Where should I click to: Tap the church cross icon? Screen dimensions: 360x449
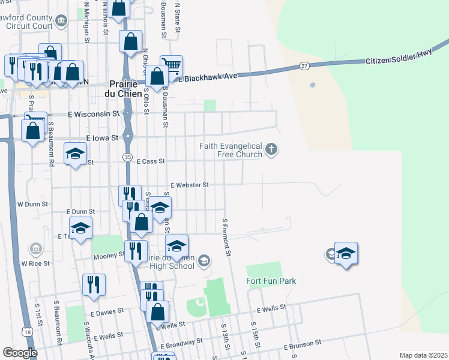click(x=271, y=149)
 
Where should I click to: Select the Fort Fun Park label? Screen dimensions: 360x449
click(x=271, y=281)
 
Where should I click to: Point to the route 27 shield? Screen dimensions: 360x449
click(x=305, y=65)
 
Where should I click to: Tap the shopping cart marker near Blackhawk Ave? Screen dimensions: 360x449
click(x=172, y=65)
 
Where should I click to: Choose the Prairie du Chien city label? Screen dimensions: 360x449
click(x=125, y=89)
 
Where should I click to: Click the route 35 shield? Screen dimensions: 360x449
click(x=127, y=157)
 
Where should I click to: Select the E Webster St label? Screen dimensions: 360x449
click(x=189, y=185)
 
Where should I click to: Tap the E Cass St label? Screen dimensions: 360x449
click(x=151, y=161)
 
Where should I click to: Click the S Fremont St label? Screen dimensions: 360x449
click(x=226, y=238)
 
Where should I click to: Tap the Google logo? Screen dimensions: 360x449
click(x=20, y=353)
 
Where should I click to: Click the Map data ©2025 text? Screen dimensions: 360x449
click(x=423, y=355)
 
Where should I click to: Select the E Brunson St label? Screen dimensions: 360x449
click(x=304, y=345)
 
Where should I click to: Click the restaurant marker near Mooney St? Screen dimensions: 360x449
click(x=136, y=250)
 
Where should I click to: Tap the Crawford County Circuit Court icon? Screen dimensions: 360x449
click(x=61, y=23)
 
